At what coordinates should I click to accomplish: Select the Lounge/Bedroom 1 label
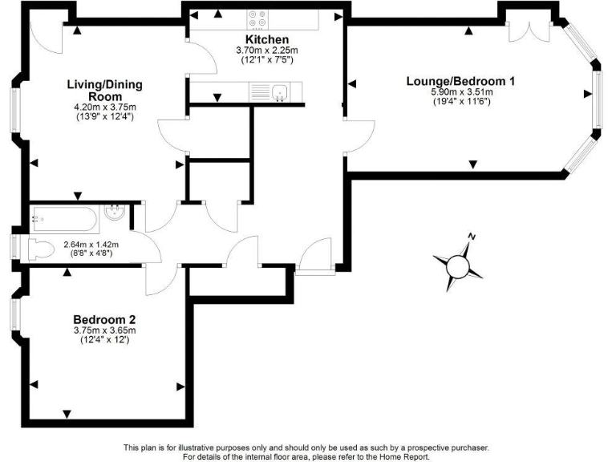tap(460, 81)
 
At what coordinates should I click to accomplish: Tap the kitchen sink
tap(278, 91)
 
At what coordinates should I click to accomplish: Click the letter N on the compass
tap(473, 237)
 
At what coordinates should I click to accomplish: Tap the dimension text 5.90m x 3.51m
tap(460, 92)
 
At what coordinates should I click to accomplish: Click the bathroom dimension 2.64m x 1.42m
tap(91, 245)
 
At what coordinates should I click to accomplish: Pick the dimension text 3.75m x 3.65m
tap(104, 330)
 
